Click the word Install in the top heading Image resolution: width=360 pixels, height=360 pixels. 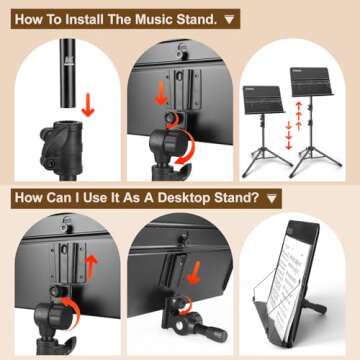pos(92,18)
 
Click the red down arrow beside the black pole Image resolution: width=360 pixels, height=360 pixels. pos(87,104)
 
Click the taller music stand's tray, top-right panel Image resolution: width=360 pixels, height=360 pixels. pos(315,80)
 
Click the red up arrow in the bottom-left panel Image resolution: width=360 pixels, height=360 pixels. pos(88,269)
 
